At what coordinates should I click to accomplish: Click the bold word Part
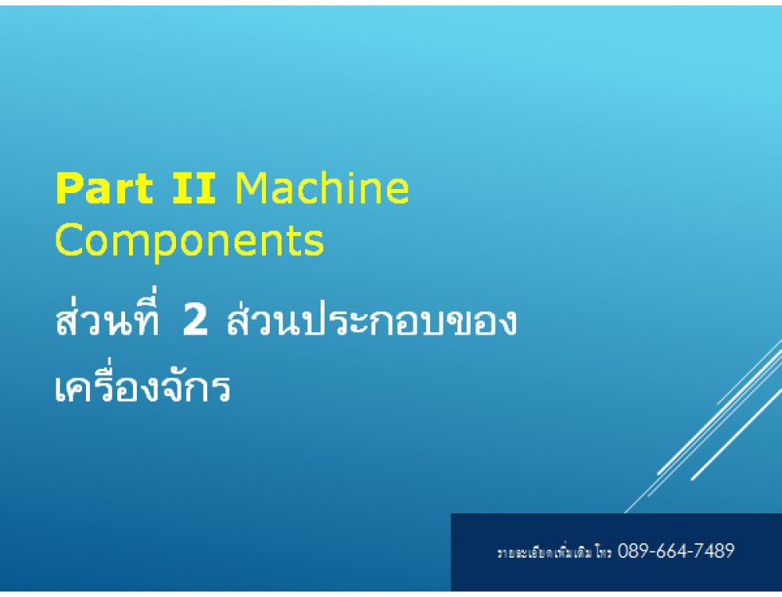[104, 188]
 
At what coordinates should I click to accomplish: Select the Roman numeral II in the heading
[194, 188]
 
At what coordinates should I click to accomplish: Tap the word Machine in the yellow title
[321, 188]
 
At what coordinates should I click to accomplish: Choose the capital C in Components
[68, 241]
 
